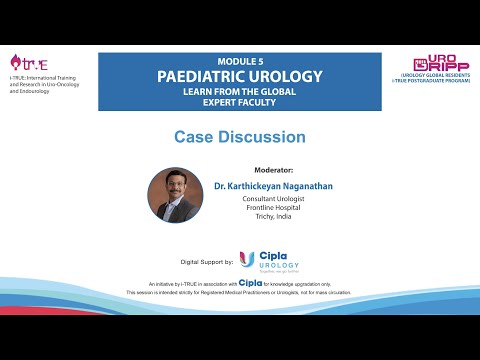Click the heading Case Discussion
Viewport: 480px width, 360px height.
point(239,137)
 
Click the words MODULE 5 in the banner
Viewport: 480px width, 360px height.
point(239,60)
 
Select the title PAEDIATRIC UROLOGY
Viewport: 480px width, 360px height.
point(239,76)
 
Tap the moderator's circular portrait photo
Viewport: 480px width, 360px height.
point(175,195)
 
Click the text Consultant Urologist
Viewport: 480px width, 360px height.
point(270,199)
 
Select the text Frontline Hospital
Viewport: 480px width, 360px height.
point(270,209)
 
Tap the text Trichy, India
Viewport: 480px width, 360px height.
point(270,219)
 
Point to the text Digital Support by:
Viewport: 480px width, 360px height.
point(206,262)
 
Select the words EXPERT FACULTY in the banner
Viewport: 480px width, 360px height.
point(239,102)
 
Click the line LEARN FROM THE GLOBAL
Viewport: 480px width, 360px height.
point(239,91)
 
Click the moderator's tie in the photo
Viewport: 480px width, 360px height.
point(177,211)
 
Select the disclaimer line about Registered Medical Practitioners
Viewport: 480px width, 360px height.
point(239,292)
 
